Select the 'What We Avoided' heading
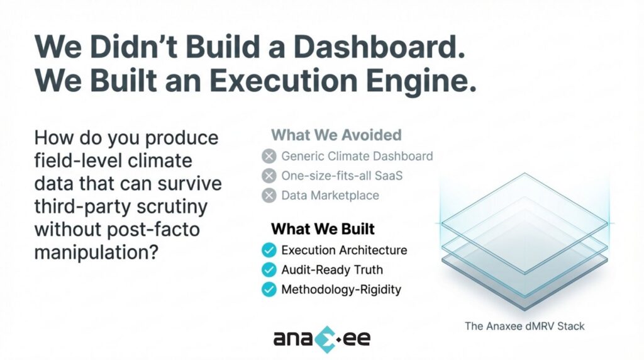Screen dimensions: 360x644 pyautogui.click(x=336, y=135)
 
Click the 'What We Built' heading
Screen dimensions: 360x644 pyautogui.click(x=323, y=228)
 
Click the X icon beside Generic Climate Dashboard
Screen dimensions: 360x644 pyautogui.click(x=269, y=155)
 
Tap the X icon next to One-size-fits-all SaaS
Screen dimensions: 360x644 pyautogui.click(x=269, y=175)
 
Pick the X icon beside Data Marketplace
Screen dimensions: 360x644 pyautogui.click(x=269, y=195)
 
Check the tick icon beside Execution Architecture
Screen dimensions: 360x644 pyautogui.click(x=269, y=250)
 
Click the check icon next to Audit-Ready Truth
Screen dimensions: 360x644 pyautogui.click(x=269, y=270)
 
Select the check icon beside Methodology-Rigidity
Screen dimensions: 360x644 pyautogui.click(x=269, y=290)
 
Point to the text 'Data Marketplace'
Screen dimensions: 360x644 pyautogui.click(x=330, y=195)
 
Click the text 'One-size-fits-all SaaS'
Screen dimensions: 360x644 pyautogui.click(x=342, y=175)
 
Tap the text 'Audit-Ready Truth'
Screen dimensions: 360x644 pyautogui.click(x=332, y=270)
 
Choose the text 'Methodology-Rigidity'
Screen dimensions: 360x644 pyautogui.click(x=341, y=290)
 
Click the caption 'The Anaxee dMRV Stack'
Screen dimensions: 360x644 pyautogui.click(x=525, y=326)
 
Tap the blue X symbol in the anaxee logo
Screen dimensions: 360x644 pyautogui.click(x=322, y=339)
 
